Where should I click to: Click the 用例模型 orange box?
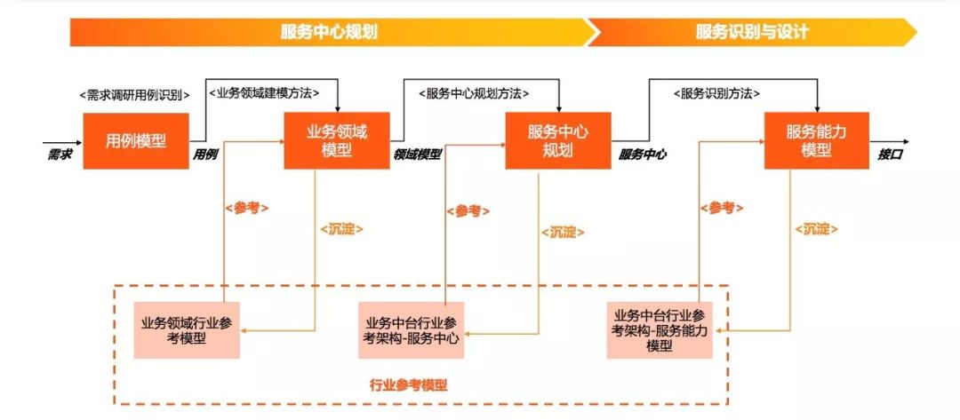pyautogui.click(x=136, y=140)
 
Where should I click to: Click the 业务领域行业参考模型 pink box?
pyautogui.click(x=187, y=330)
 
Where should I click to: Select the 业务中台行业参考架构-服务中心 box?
pyautogui.click(x=412, y=330)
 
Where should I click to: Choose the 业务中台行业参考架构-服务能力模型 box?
pyautogui.click(x=660, y=330)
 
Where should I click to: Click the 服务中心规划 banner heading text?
pyautogui.click(x=329, y=32)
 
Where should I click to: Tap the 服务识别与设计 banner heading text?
pyautogui.click(x=752, y=32)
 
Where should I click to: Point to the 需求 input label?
pyautogui.click(x=60, y=154)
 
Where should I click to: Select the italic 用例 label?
pyautogui.click(x=206, y=154)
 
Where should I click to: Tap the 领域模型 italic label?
pyautogui.click(x=417, y=154)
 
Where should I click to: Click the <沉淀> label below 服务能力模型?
pyautogui.click(x=815, y=228)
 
